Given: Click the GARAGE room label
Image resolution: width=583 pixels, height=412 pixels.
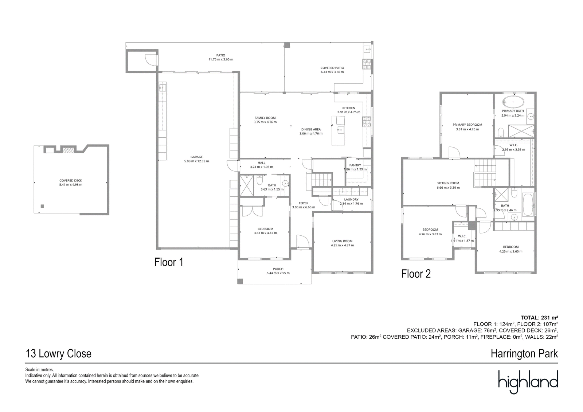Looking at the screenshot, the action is pos(196,157).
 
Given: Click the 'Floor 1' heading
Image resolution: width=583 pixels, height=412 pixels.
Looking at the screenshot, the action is pos(169,262).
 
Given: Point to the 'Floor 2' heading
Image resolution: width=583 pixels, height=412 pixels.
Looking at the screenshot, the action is pos(416,274).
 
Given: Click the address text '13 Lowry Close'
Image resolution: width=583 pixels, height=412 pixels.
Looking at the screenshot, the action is pos(58,354).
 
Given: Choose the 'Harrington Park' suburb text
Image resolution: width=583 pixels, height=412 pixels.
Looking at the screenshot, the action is pos(524,354).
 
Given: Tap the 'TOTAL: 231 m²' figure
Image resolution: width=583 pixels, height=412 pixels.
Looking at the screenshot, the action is pos(539,318).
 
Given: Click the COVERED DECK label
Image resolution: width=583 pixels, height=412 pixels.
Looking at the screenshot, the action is pos(71,180).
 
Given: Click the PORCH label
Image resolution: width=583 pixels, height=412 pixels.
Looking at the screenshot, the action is pos(278,269).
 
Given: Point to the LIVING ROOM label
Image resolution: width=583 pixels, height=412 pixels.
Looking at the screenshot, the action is pos(342,241).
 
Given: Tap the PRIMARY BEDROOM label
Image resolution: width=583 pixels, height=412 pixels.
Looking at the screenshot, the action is pos(467,125).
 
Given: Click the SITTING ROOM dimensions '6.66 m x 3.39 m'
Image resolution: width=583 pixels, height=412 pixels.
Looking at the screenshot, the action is pos(448,187).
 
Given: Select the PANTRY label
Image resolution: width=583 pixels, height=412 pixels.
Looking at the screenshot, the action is pos(355,165).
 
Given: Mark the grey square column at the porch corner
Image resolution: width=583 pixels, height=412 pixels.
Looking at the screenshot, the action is pos(240,281).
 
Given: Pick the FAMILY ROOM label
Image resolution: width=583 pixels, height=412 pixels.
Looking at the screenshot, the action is pos(265,118).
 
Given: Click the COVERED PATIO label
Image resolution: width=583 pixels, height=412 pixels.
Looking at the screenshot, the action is pos(332,68).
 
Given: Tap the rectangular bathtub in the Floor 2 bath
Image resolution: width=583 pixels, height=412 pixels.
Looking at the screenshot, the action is pos(528,205).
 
